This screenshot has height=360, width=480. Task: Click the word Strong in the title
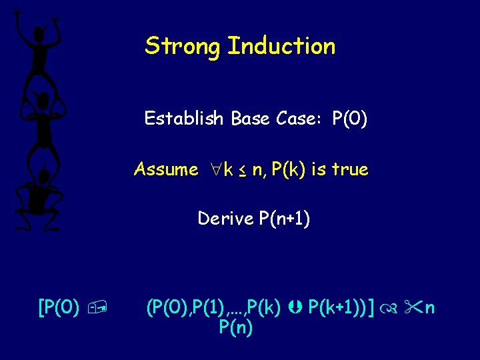click(183, 47)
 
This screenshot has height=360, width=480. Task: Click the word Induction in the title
click(281, 47)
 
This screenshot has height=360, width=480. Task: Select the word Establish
click(184, 119)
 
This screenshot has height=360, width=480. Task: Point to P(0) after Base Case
click(349, 119)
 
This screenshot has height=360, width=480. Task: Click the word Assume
click(165, 169)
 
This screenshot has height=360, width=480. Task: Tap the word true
click(349, 169)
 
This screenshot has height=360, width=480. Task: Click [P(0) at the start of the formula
click(59, 308)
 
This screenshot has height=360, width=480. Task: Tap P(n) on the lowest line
click(235, 328)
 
